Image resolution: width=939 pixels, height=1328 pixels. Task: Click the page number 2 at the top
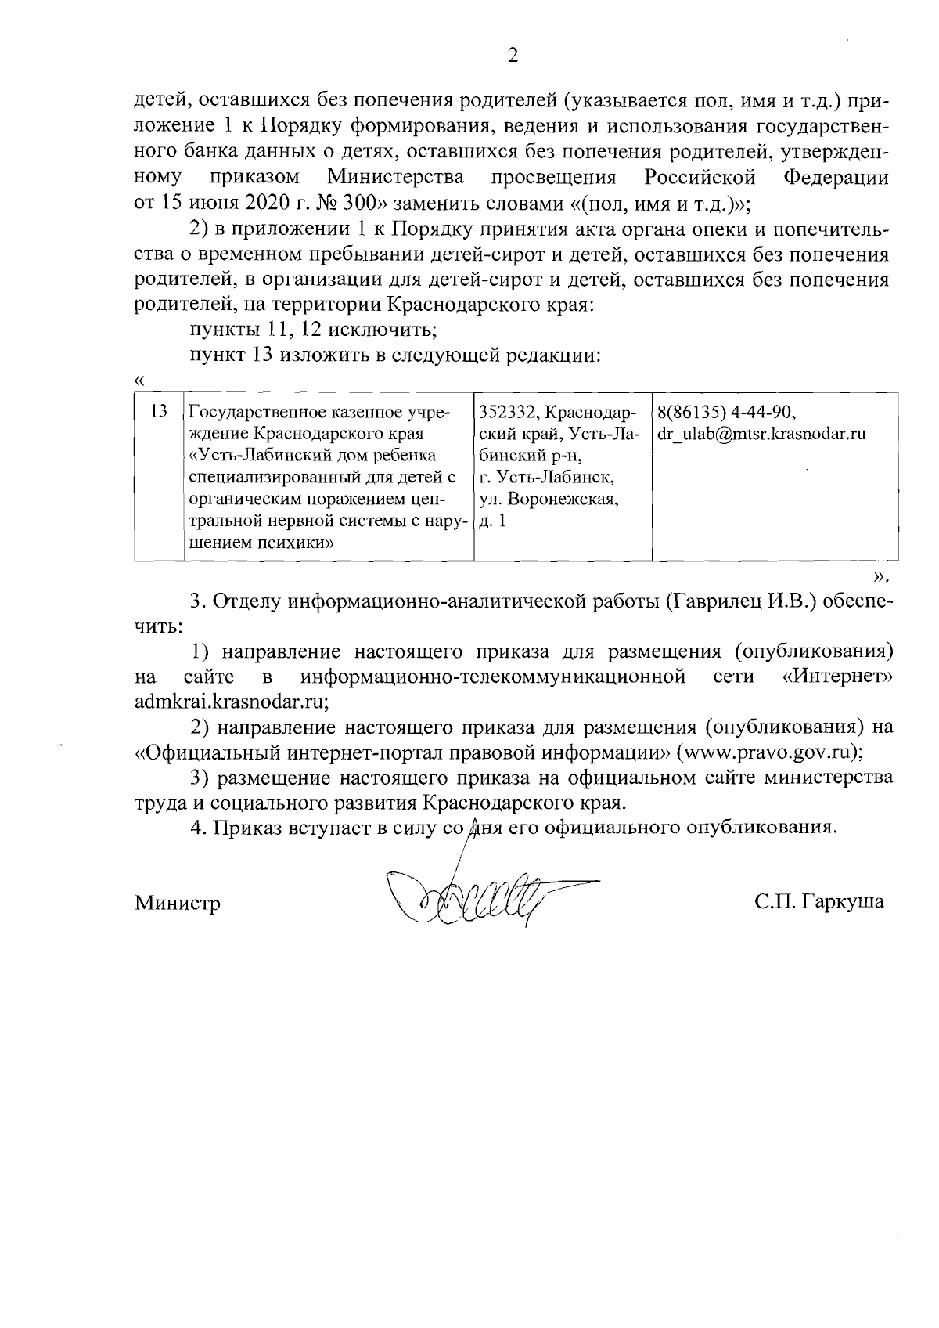click(513, 55)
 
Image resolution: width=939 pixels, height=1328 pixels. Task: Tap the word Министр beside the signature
click(178, 903)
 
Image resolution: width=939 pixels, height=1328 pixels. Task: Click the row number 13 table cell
click(159, 411)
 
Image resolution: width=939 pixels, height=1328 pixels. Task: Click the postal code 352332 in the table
click(505, 411)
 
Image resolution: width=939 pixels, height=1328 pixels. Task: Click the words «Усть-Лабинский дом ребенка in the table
click(313, 455)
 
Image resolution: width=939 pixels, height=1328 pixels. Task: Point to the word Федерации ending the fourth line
click(836, 177)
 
